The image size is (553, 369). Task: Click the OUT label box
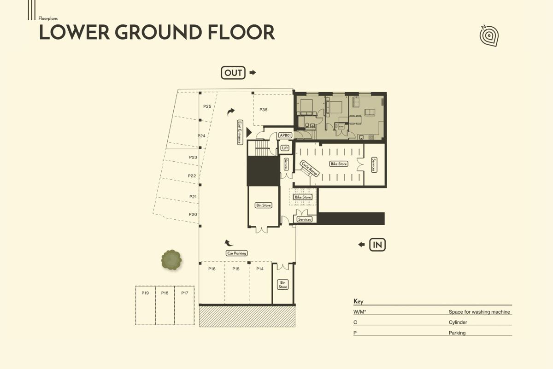pyautogui.click(x=233, y=73)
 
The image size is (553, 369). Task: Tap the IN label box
pyautogui.click(x=377, y=245)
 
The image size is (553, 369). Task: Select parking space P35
pyautogui.click(x=264, y=110)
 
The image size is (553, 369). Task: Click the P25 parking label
pyautogui.click(x=207, y=106)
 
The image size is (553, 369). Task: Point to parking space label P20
pyautogui.click(x=193, y=215)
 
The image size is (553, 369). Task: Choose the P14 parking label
pyautogui.click(x=260, y=269)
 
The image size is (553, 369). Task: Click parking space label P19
pyautogui.click(x=145, y=293)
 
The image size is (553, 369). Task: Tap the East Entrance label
pyautogui.click(x=240, y=133)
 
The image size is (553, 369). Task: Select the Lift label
pyautogui.click(x=285, y=148)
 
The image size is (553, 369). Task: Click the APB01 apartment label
pyautogui.click(x=285, y=135)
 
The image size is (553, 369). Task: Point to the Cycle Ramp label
pyautogui.click(x=310, y=169)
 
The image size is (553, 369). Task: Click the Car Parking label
pyautogui.click(x=236, y=253)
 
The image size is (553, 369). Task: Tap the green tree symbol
pyautogui.click(x=171, y=260)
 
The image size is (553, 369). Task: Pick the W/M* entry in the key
pyautogui.click(x=359, y=312)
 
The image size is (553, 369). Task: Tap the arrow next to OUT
pyautogui.click(x=253, y=73)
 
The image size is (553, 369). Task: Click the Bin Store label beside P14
pyautogui.click(x=282, y=285)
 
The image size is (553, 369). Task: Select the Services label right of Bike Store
pyautogui.click(x=374, y=164)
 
